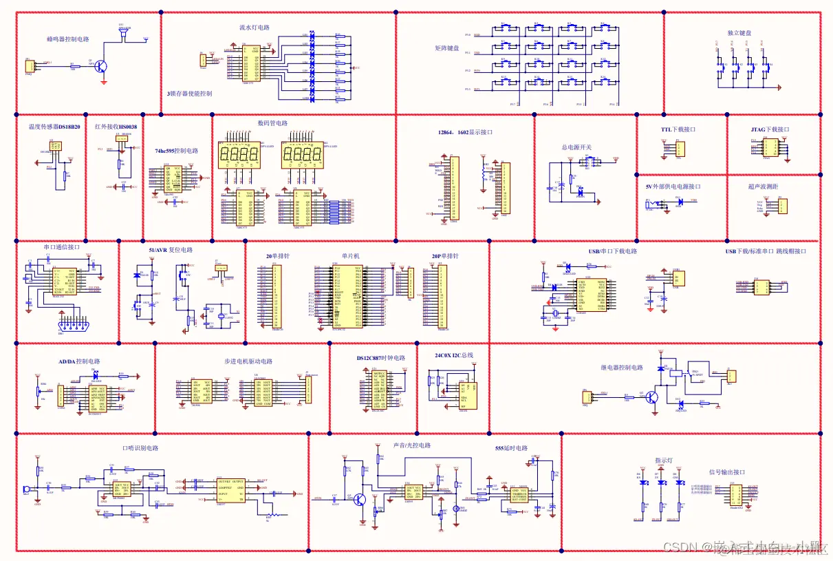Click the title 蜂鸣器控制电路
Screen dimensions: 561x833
pos(68,40)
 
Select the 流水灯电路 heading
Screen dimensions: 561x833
pos(255,28)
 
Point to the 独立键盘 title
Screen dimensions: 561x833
pos(739,33)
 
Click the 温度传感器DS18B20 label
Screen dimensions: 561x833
pos(54,127)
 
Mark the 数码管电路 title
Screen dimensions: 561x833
pos(273,124)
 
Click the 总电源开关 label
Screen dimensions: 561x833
pos(576,147)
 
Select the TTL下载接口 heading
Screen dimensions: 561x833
pos(678,129)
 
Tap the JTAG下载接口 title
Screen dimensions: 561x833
pos(770,129)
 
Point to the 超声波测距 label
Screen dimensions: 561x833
pos(764,187)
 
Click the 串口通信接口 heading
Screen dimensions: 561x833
pos(62,246)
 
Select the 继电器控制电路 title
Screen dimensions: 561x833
pos(622,368)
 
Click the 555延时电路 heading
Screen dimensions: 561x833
pos(512,449)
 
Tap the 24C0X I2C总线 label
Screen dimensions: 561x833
pos(454,356)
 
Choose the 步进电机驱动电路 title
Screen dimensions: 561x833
pos(248,361)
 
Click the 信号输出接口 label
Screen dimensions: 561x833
pos(727,472)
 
